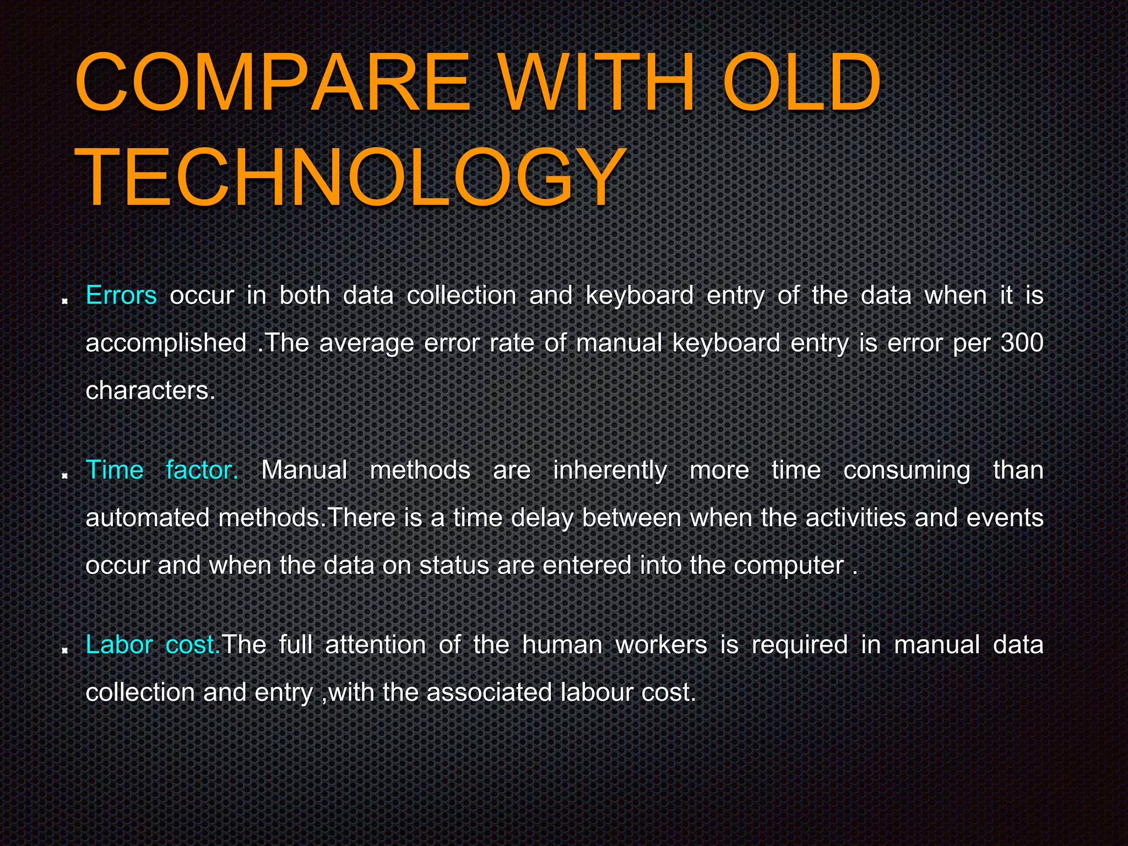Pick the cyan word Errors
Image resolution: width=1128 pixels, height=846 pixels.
pyautogui.click(x=121, y=296)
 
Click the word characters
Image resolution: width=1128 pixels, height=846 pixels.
pyautogui.click(x=150, y=391)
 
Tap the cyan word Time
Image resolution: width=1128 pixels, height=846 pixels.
pyautogui.click(x=115, y=470)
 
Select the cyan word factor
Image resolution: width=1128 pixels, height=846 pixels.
pyautogui.click(x=202, y=470)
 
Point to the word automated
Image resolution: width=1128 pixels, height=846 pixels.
pyautogui.click(x=147, y=518)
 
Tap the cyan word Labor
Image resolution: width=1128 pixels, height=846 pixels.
pyautogui.click(x=119, y=645)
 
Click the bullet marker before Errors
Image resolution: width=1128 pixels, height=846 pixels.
pyautogui.click(x=65, y=301)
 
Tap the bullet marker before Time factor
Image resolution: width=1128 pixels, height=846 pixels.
pyautogui.click(x=65, y=475)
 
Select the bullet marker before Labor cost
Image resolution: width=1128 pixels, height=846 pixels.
pyautogui.click(x=65, y=650)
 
